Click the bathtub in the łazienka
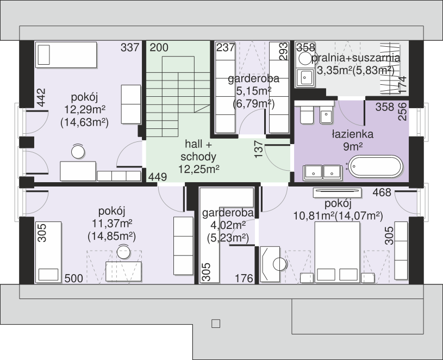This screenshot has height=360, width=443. click(376, 167)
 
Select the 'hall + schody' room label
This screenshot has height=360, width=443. click(198, 150)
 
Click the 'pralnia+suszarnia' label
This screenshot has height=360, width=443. click(356, 58)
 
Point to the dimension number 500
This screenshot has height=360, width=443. click(74, 278)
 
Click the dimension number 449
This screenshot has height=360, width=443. click(158, 177)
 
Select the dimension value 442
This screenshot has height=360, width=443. click(41, 98)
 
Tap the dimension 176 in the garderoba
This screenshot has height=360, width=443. click(244, 278)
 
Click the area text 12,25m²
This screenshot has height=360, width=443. click(199, 169)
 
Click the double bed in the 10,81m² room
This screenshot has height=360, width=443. click(338, 252)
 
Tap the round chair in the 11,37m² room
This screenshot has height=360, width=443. click(123, 251)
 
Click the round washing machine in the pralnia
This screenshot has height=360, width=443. click(305, 59)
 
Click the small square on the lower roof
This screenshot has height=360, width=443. click(216, 324)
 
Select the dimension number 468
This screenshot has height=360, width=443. click(382, 193)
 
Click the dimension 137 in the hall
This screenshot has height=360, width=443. click(259, 149)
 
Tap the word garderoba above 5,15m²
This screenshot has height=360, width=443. click(254, 78)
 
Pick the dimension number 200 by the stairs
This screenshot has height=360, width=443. click(159, 47)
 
